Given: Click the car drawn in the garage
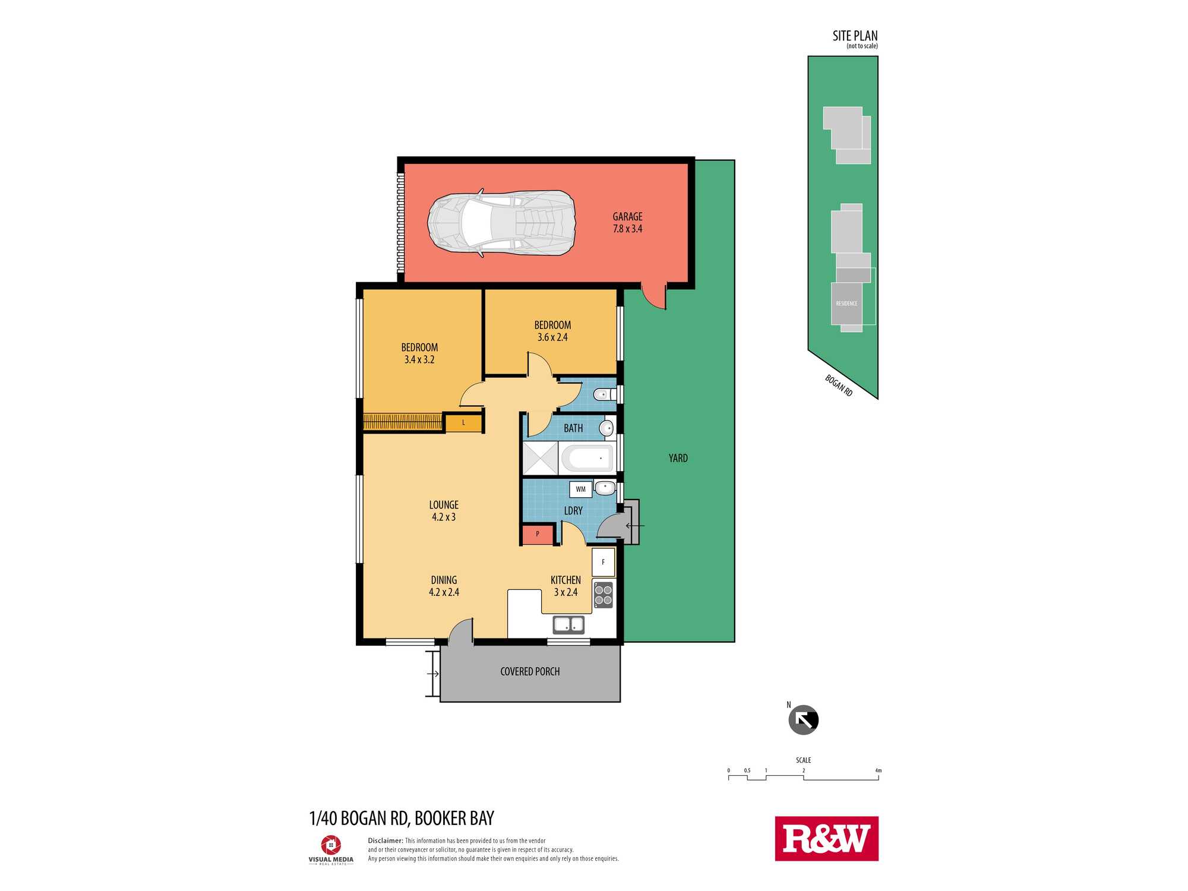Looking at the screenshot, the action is (x=502, y=223).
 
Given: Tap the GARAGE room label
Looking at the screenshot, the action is (x=627, y=217).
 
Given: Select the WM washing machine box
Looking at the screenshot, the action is (x=580, y=489).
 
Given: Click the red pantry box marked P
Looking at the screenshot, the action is (x=538, y=534).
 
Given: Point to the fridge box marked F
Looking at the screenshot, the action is (x=603, y=562).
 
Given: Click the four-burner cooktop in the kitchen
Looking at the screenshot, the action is (x=604, y=595).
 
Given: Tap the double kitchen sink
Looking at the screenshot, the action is (x=568, y=625).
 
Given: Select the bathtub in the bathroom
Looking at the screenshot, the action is (x=587, y=458).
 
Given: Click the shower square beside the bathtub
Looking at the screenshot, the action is (x=541, y=458).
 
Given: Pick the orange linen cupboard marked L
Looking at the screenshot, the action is (x=463, y=423).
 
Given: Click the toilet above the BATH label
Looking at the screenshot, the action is (x=603, y=394).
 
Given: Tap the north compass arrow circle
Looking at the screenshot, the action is (x=803, y=720).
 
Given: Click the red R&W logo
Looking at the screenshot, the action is (x=826, y=839).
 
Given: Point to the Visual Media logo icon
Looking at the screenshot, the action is (x=331, y=845).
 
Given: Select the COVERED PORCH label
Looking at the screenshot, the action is (x=530, y=671).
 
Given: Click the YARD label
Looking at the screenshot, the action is (x=678, y=458).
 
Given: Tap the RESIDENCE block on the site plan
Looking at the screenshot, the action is (x=846, y=304).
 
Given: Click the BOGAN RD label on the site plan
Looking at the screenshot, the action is (x=839, y=386).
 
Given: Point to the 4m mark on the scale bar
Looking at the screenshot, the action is (x=878, y=770).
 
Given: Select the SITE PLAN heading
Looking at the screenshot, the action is (x=855, y=36).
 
